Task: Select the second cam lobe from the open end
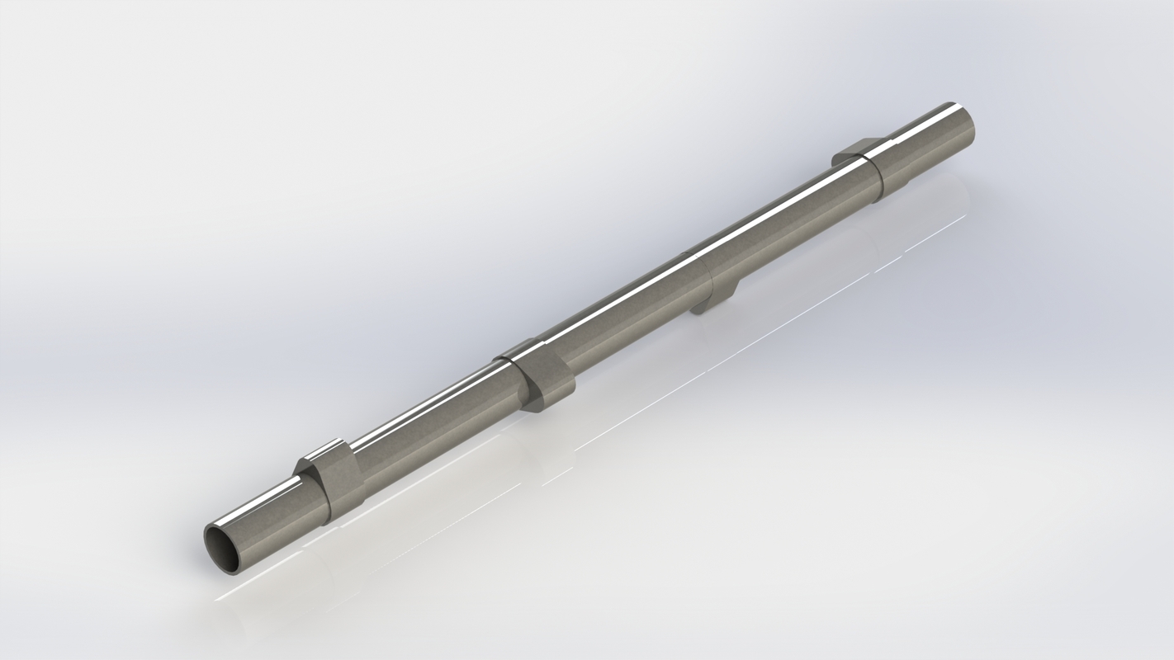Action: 541,378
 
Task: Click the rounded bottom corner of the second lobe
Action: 533,406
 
